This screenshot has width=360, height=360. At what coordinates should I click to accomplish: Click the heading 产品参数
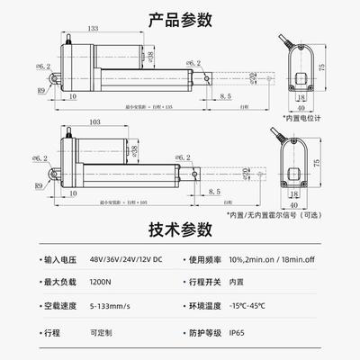coord(180,17)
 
